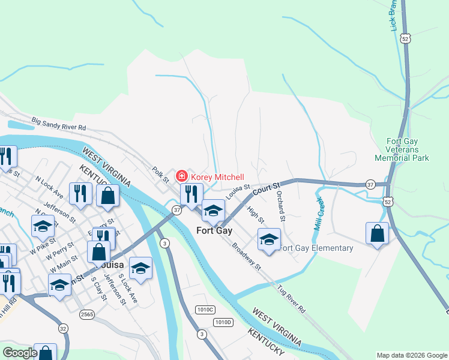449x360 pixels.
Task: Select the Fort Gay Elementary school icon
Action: click(269, 239)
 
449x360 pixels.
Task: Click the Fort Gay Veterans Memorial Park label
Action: click(402, 149)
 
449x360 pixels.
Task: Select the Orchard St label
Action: click(280, 206)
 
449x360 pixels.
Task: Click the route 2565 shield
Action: click(88, 314)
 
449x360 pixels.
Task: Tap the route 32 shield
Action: click(63, 328)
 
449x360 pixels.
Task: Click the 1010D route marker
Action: click(222, 322)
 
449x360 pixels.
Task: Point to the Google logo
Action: click(20, 353)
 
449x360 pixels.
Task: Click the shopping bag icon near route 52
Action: click(377, 233)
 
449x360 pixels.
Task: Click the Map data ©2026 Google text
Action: click(411, 355)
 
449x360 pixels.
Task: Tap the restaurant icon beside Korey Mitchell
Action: click(191, 194)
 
